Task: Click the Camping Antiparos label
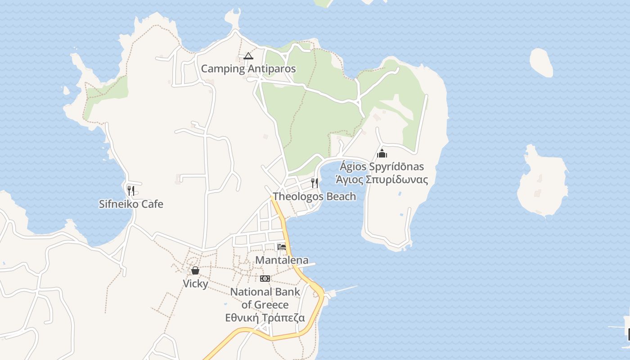point(248,69)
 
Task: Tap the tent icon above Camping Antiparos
point(248,56)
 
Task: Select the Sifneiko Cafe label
point(131,204)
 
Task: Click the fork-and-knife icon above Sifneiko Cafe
point(130,190)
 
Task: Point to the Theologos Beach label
point(315,196)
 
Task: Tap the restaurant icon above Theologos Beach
point(315,183)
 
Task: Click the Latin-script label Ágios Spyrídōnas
point(382,166)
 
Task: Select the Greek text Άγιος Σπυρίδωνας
point(382,180)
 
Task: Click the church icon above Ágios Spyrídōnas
point(382,154)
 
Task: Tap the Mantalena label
point(282,260)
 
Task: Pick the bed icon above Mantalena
point(282,247)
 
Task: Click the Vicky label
point(195,283)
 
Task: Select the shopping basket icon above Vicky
point(195,270)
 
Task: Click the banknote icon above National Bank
point(265,279)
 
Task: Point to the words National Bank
point(265,292)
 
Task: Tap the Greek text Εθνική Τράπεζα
point(265,318)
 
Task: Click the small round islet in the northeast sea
point(541,62)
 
